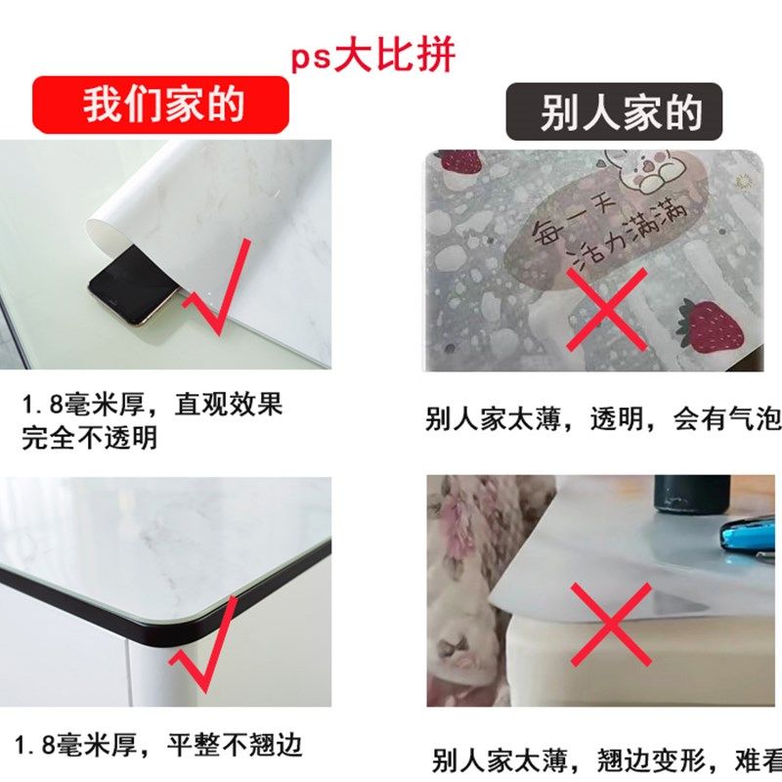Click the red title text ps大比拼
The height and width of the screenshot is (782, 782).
[x=372, y=56]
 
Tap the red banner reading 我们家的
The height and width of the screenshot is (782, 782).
[x=162, y=105]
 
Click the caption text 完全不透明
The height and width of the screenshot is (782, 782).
[x=89, y=437]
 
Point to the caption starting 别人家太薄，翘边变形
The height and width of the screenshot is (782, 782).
[x=606, y=760]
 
